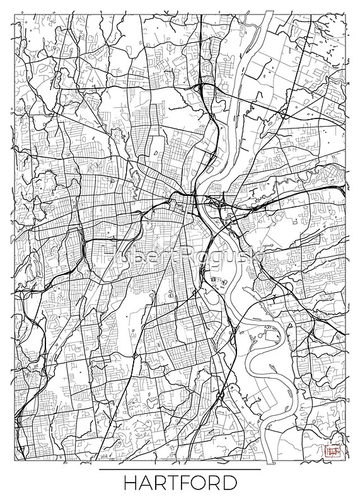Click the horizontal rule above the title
coord(180,469)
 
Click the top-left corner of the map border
coord(14,14)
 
